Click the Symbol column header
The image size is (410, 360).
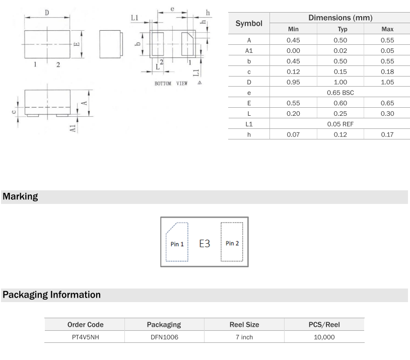(x=249, y=24)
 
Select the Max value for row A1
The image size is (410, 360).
(x=387, y=51)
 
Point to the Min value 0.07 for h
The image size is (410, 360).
(x=293, y=134)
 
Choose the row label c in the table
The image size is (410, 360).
(x=249, y=72)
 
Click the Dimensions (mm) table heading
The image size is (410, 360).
(x=340, y=18)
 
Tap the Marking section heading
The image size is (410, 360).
(x=20, y=197)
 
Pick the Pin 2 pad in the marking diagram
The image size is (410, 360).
(x=232, y=242)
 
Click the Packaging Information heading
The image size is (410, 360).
(x=52, y=295)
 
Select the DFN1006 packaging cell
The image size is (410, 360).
(x=164, y=337)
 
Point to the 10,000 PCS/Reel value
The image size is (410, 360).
(x=324, y=337)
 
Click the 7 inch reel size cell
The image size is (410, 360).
(x=244, y=337)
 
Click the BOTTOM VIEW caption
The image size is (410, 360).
(x=171, y=84)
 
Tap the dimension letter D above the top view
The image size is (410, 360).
(x=47, y=13)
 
